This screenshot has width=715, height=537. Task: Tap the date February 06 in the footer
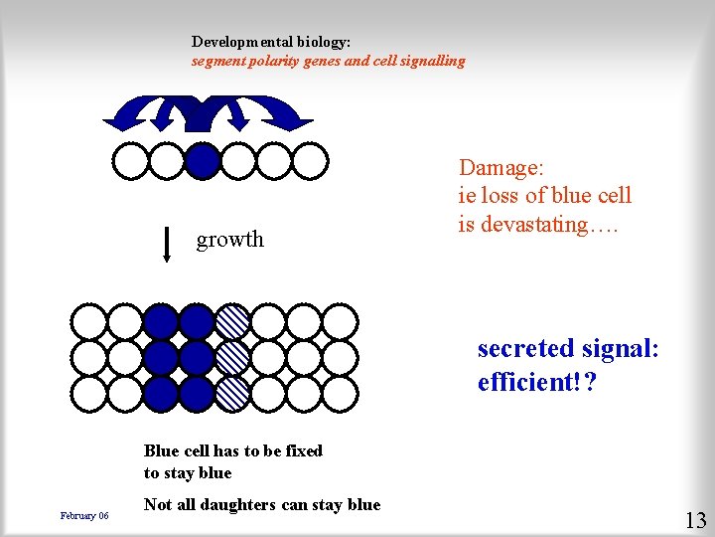[84, 515]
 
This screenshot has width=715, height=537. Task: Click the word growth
[230, 240]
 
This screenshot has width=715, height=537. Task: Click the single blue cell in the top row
[202, 160]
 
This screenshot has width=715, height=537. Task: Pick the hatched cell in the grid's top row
[233, 321]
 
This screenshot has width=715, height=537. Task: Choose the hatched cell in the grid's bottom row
[233, 393]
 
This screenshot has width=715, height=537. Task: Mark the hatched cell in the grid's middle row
[233, 357]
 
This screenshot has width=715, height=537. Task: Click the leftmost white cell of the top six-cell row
[130, 160]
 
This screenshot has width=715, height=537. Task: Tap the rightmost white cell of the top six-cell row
[309, 160]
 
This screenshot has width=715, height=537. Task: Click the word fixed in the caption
[303, 450]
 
